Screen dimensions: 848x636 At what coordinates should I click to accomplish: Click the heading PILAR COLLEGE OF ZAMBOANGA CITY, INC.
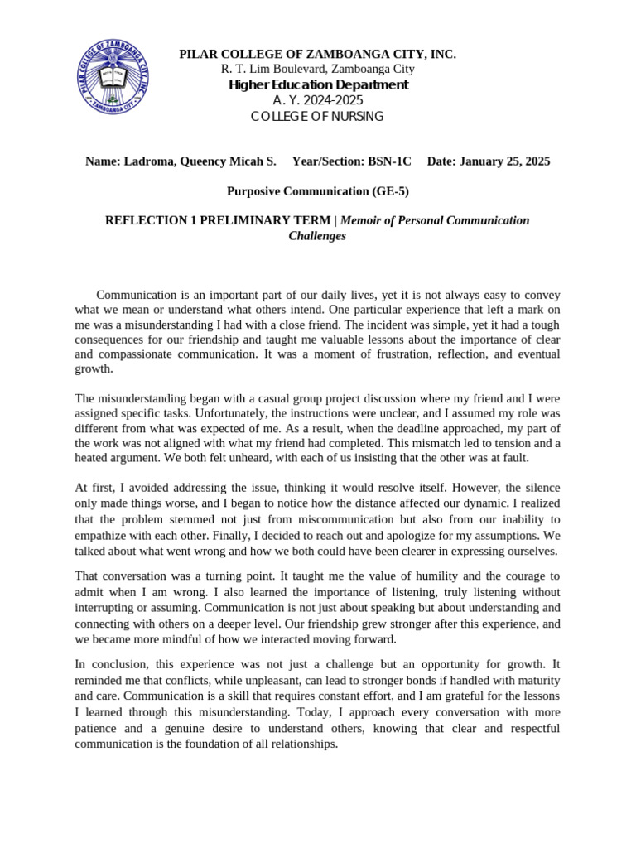point(318,55)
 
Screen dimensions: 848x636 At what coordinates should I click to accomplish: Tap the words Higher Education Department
point(318,85)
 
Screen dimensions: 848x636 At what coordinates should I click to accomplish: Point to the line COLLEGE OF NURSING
point(318,117)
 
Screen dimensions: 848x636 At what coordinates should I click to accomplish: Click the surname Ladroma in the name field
point(150,161)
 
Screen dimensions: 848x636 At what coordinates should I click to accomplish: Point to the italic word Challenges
point(317,236)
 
